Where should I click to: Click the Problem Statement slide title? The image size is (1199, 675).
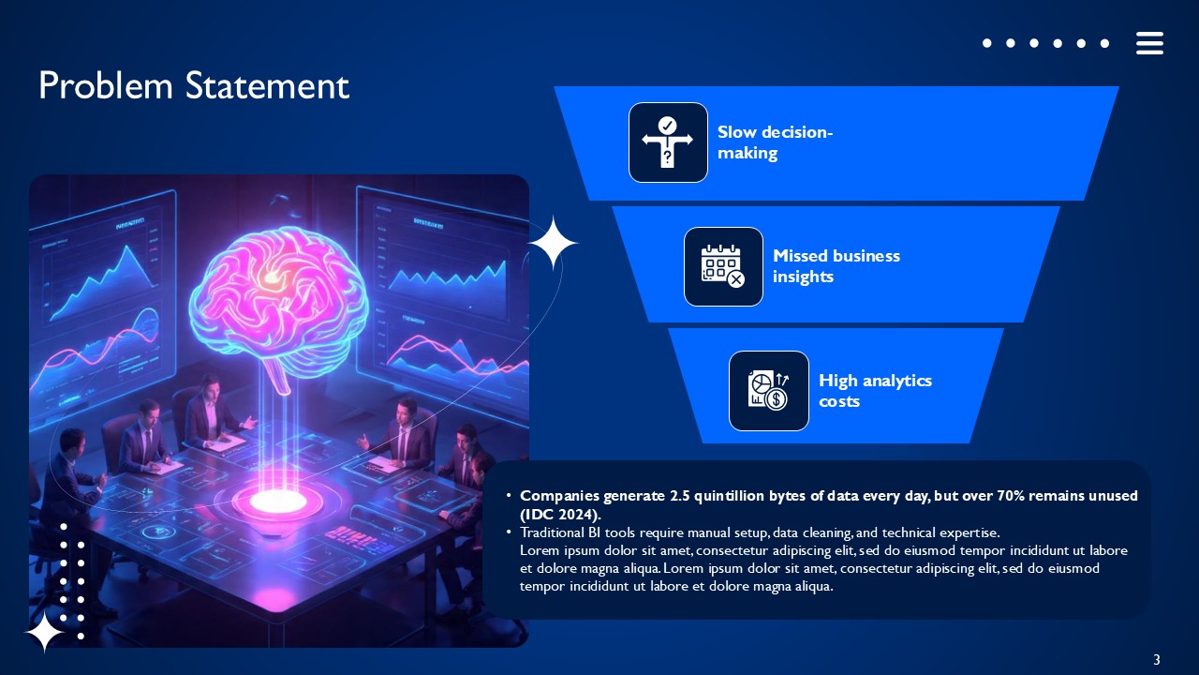click(194, 86)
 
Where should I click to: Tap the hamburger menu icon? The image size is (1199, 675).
click(1149, 43)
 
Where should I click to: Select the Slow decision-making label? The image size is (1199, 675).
click(775, 142)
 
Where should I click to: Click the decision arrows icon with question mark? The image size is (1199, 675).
click(668, 142)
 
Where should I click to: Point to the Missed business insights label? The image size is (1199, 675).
click(836, 266)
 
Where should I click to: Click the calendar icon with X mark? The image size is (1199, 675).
click(723, 266)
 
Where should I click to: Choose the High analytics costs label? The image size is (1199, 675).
click(875, 391)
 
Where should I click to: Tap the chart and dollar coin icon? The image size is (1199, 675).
click(768, 391)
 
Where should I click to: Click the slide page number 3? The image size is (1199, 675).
click(1157, 659)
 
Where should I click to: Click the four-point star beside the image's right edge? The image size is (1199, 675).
click(553, 243)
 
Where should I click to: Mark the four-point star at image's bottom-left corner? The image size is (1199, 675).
click(44, 633)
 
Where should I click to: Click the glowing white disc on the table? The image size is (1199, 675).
click(278, 500)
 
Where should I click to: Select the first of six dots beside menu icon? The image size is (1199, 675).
click(987, 43)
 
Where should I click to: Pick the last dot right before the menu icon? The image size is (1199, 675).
click(1105, 43)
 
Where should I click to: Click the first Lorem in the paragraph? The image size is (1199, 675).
click(540, 550)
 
